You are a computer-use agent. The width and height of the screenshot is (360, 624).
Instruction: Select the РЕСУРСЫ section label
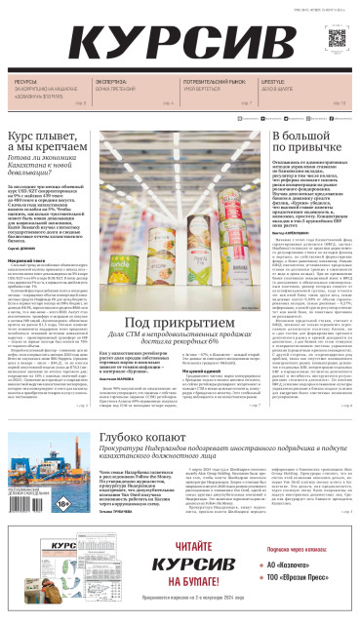pos(26,82)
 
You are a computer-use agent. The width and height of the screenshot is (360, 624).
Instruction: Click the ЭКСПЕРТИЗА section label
pos(111,82)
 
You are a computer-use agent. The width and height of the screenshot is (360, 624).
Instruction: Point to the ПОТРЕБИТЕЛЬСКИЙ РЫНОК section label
pos(216,82)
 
